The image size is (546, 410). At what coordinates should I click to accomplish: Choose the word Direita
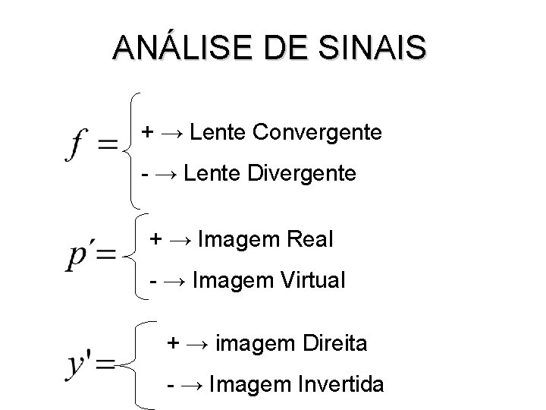coord(330,344)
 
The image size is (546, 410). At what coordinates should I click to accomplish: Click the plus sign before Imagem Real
coord(155,240)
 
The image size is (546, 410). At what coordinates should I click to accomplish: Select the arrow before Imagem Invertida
coord(191,385)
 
